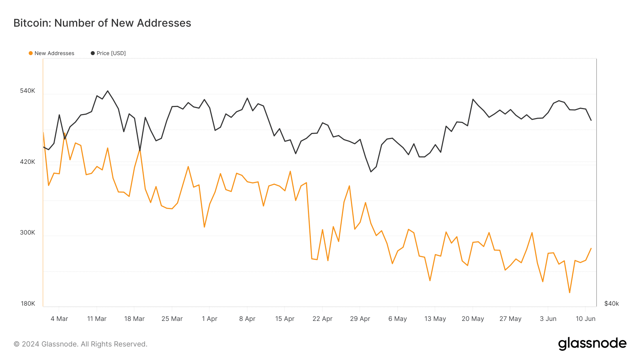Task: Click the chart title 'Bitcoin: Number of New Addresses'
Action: click(102, 23)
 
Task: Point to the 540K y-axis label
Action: click(27, 91)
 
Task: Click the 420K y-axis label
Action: click(27, 162)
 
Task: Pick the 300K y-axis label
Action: click(27, 233)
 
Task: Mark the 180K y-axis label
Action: click(28, 304)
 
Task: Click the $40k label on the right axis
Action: click(612, 304)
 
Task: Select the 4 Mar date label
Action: click(59, 319)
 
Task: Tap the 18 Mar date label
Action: click(134, 319)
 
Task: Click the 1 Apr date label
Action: click(209, 319)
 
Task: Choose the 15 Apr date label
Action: click(285, 319)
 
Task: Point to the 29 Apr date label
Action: click(360, 319)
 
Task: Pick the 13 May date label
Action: click(435, 319)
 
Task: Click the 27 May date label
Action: click(510, 319)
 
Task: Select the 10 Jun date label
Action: click(585, 319)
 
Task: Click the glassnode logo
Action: click(592, 344)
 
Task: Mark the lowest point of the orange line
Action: click(570, 292)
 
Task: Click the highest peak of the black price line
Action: click(108, 91)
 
